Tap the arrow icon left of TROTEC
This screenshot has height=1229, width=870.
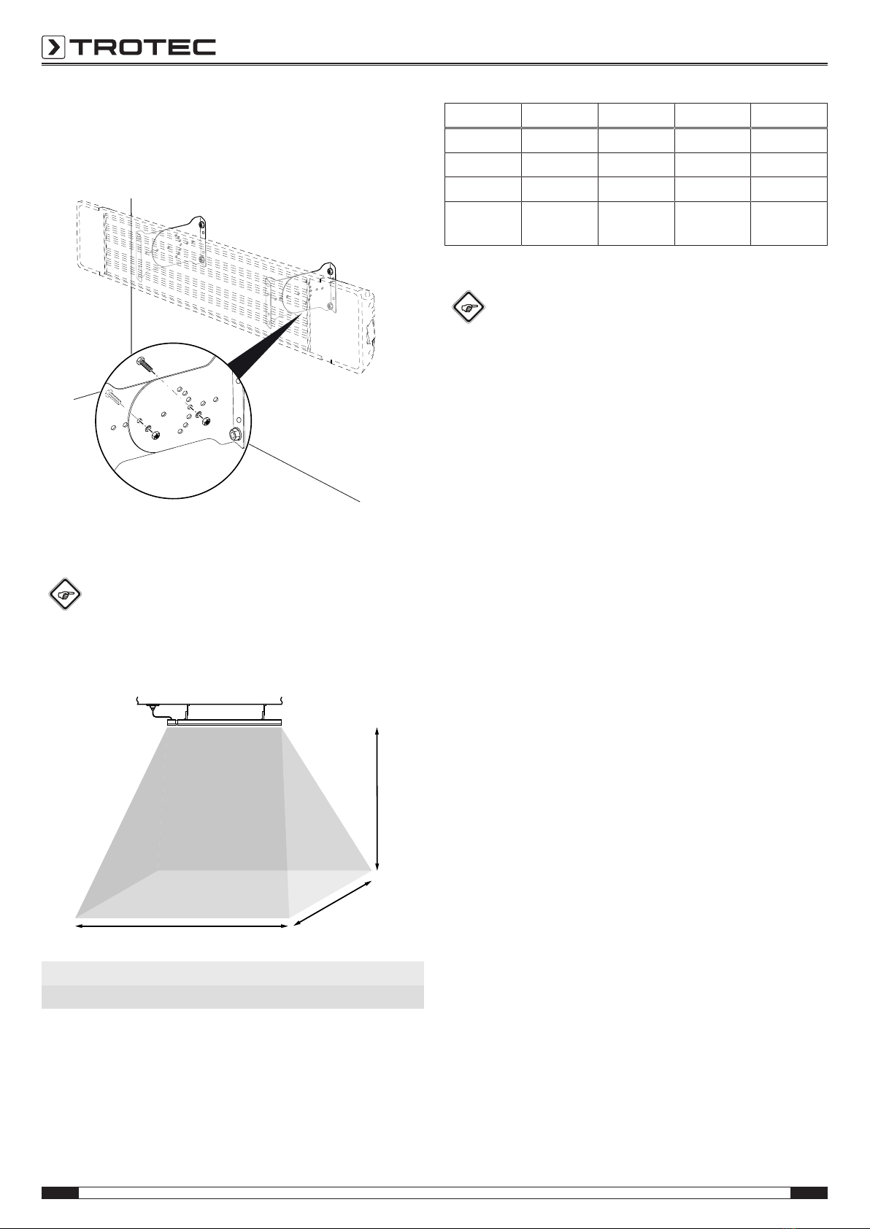[53, 47]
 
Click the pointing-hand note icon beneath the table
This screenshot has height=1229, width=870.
[468, 306]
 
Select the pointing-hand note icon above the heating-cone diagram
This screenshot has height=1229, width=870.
[65, 594]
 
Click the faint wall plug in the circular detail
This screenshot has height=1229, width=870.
[115, 396]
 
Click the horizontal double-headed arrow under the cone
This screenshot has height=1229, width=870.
[182, 926]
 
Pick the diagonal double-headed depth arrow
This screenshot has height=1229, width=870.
[333, 903]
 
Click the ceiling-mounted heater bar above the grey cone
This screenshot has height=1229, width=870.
[225, 723]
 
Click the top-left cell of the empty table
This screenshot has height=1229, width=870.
[482, 115]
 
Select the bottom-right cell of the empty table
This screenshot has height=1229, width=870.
[789, 222]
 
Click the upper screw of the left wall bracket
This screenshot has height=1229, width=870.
[202, 225]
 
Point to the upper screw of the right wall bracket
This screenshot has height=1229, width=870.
[330, 271]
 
